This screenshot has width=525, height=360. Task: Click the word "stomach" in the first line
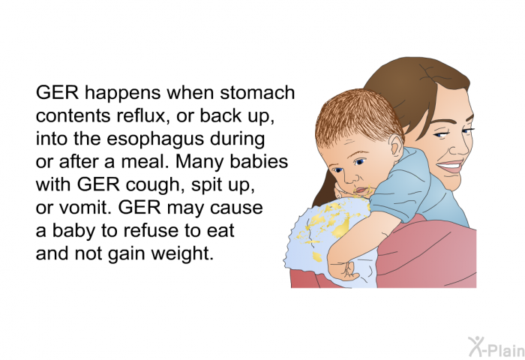[257, 92]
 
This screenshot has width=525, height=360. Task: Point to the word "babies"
[259, 161]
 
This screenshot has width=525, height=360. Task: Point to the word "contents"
[73, 116]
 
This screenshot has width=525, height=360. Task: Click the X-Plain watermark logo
[496, 346]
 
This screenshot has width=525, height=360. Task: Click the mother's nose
[463, 148]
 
